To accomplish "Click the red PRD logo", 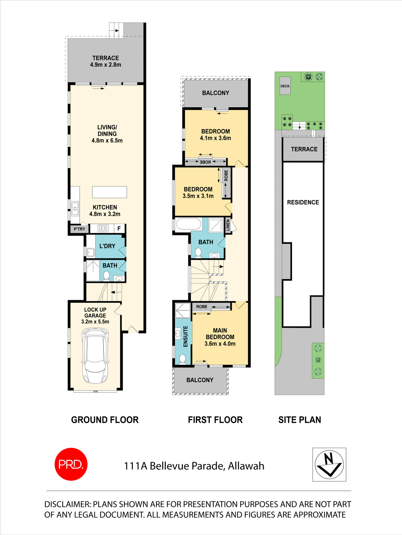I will click(71, 464).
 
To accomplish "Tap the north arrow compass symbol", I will click(329, 465).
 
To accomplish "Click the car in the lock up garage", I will click(95, 356).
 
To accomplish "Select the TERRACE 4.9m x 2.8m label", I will click(106, 61).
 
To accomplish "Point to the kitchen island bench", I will click(109, 192).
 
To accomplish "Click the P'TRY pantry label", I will click(79, 229).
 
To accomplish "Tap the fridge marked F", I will click(119, 229).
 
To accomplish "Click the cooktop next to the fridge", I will click(103, 229).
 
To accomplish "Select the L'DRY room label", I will click(107, 246).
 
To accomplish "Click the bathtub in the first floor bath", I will click(189, 225).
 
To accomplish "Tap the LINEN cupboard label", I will click(228, 225).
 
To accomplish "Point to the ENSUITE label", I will click(186, 336).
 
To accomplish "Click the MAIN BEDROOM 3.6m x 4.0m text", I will click(220, 337).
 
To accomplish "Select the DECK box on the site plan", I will click(285, 86).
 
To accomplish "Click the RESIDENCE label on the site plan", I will click(303, 202).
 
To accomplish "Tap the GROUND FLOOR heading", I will click(105, 420).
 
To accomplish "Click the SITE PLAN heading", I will click(299, 420).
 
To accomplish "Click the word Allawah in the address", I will click(246, 466).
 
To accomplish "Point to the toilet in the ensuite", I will click(182, 359).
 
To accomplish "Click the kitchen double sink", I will click(75, 209).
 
